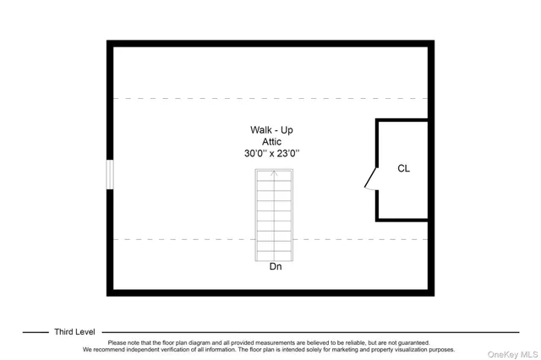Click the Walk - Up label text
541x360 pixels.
[271, 130]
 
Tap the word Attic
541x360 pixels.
[271, 142]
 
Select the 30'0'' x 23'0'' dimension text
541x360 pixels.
[271, 154]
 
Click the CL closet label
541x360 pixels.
[404, 168]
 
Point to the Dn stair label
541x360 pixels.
[276, 268]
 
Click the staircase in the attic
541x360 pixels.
[274, 215]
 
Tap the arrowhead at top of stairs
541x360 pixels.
[274, 173]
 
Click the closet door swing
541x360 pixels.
[370, 180]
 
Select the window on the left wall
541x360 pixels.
[109, 175]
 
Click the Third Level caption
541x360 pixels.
[74, 332]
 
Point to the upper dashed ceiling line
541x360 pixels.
[211, 99]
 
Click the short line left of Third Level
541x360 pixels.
[35, 332]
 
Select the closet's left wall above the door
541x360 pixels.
[377, 144]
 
